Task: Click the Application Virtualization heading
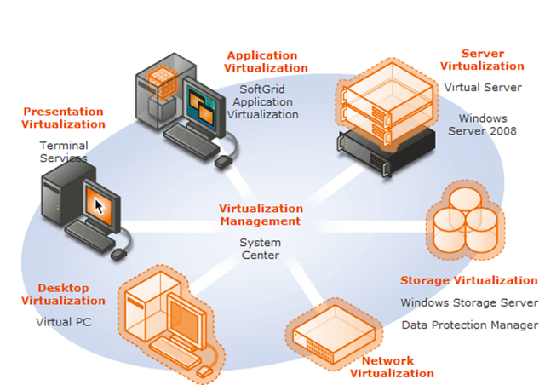point(266,62)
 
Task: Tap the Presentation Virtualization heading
point(63,118)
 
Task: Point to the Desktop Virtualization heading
point(63,294)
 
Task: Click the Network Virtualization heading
point(392,367)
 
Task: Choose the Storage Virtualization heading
point(468,280)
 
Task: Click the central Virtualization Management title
point(260,215)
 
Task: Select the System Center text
point(260,249)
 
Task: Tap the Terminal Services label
point(63,152)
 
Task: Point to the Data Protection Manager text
point(468,325)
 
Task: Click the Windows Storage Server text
point(468,302)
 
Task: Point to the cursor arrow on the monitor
point(101,205)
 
